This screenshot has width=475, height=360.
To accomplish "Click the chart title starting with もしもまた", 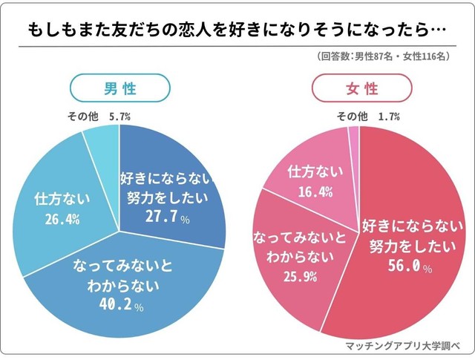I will [237, 30].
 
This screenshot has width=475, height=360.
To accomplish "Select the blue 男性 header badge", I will [119, 89].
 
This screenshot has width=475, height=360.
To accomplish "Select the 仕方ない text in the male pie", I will [62, 200].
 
